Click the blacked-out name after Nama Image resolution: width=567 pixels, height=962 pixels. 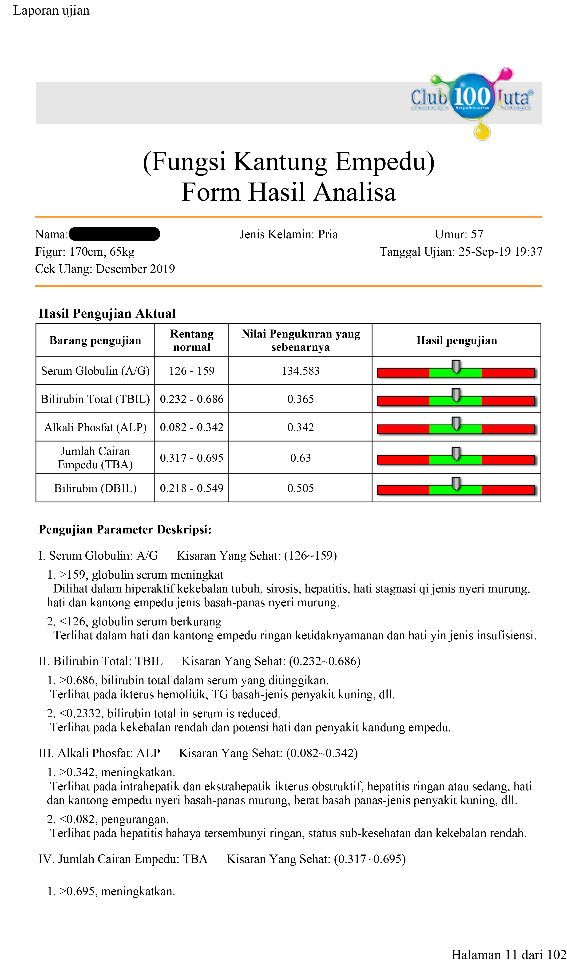point(114,234)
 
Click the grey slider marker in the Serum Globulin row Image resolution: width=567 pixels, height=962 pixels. point(456,366)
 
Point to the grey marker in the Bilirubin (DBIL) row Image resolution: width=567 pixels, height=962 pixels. point(456,484)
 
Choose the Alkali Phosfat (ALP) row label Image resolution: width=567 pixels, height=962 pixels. point(95,427)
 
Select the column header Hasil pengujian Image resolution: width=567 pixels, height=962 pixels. point(456,340)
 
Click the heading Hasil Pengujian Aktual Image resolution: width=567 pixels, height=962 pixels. point(107,313)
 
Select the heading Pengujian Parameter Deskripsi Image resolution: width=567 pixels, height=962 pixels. point(125,529)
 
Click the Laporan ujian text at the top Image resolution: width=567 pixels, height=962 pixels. point(51,10)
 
